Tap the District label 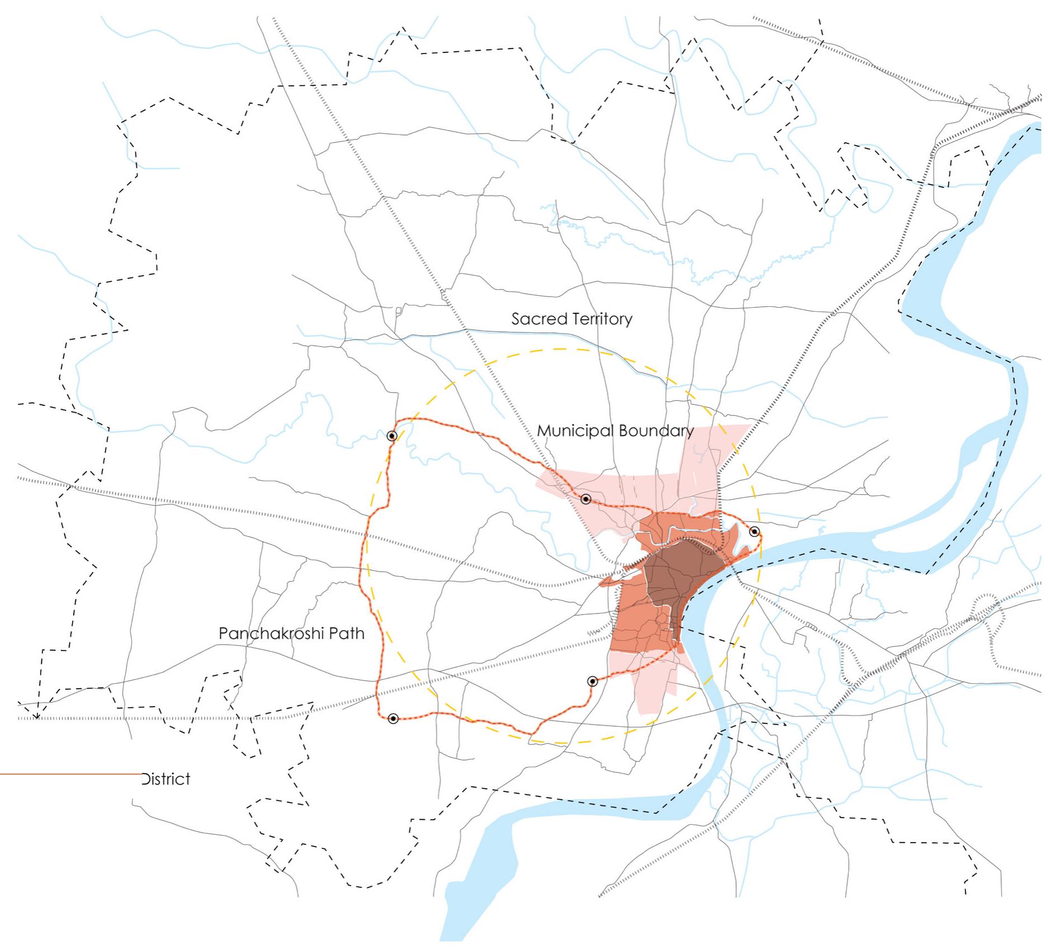tap(166, 779)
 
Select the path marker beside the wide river tap(754, 531)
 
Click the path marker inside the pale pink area tap(586, 499)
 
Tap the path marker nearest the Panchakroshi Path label tap(393, 719)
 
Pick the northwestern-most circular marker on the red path tap(392, 436)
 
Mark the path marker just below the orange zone tap(592, 681)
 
